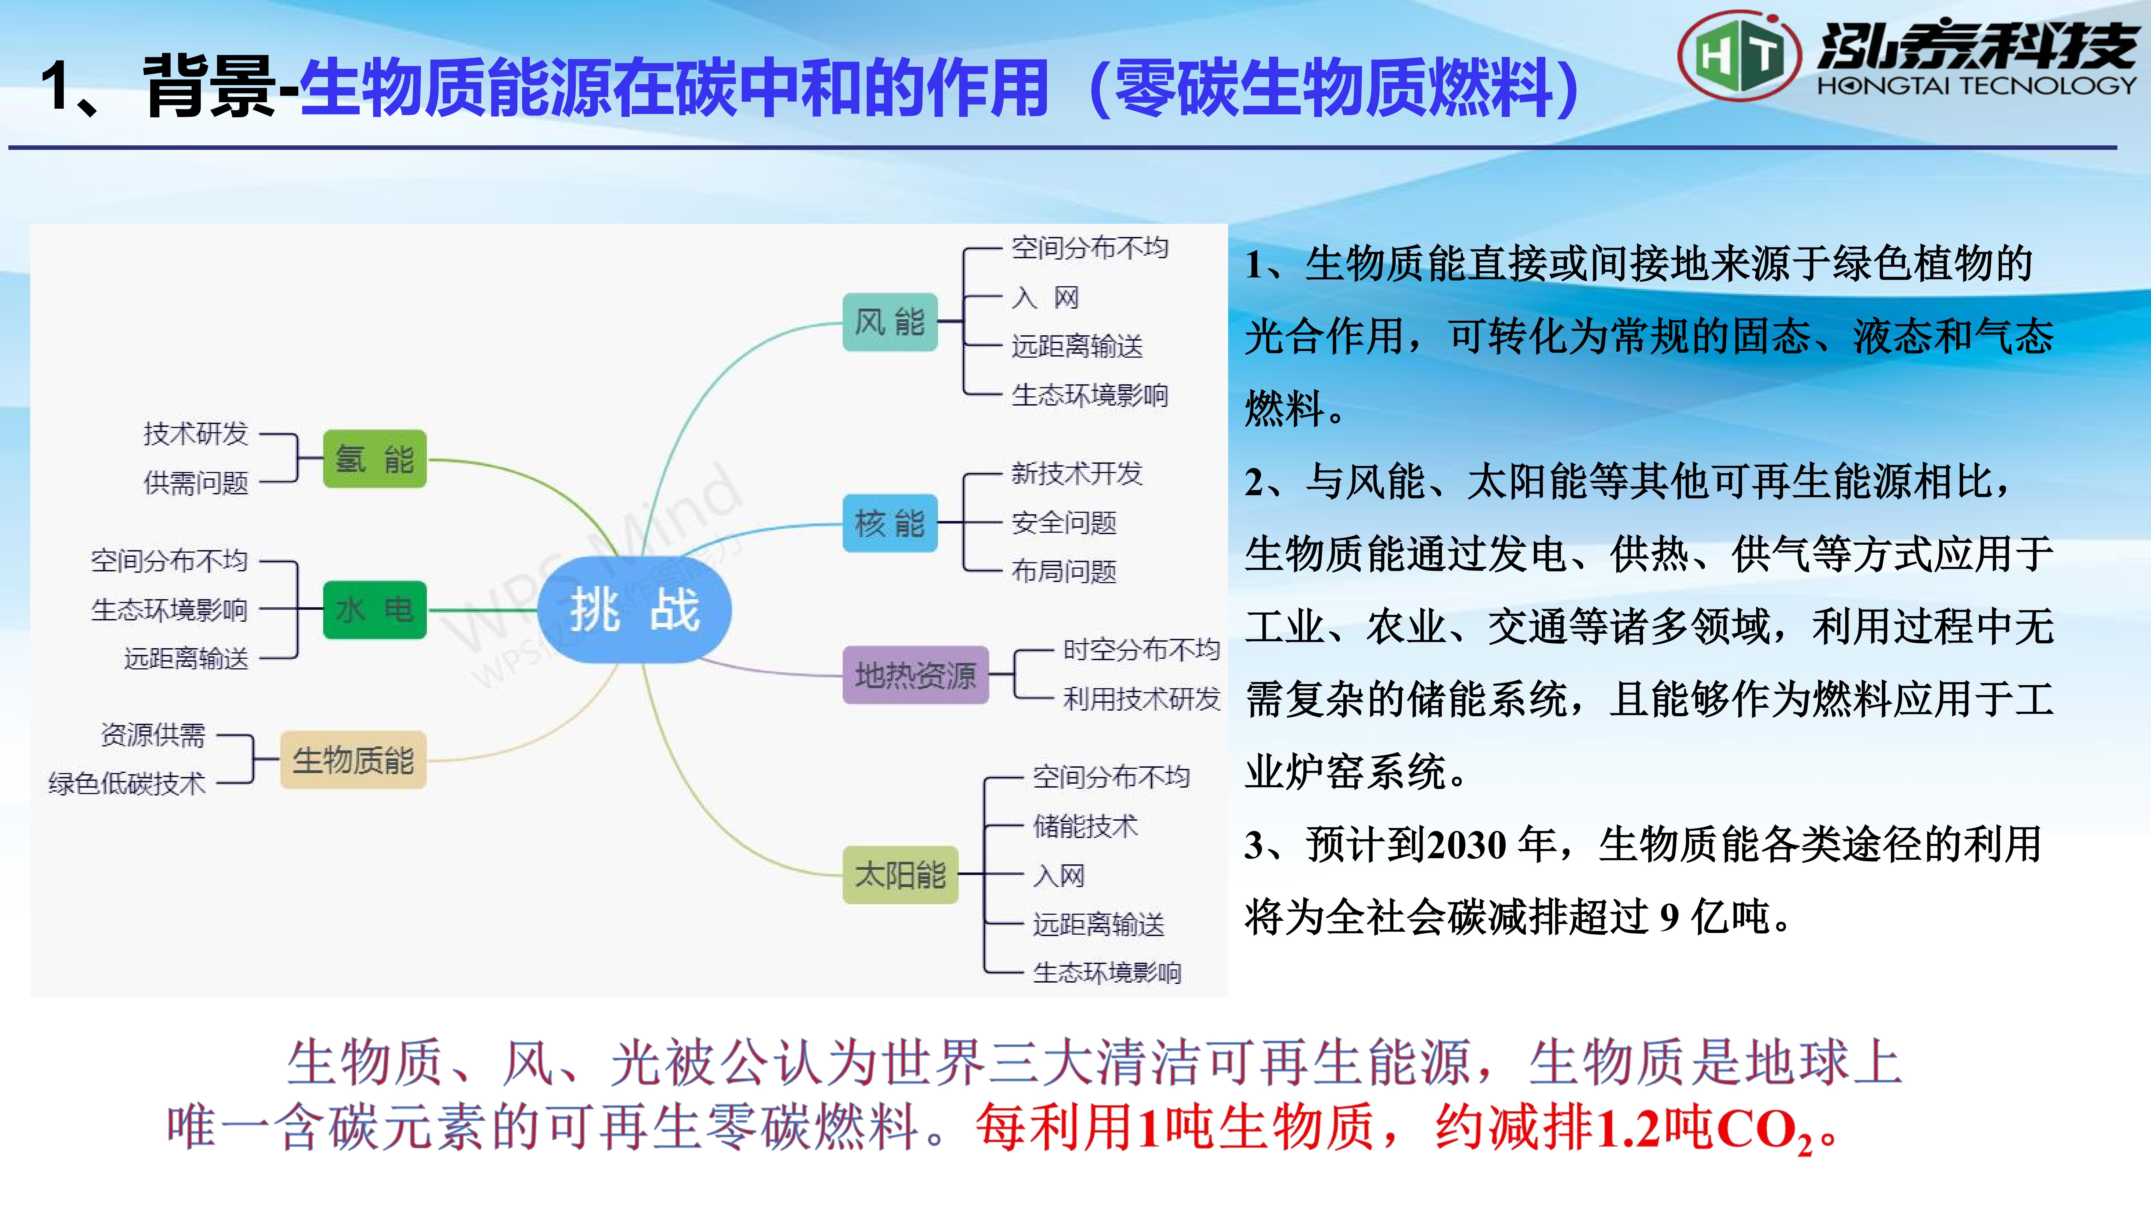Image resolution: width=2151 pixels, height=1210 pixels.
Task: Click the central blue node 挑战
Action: pos(634,609)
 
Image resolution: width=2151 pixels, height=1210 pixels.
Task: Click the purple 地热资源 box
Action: pos(915,675)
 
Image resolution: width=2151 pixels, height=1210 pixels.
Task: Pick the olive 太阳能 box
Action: pos(900,874)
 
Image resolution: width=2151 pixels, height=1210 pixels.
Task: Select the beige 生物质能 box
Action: pos(353,760)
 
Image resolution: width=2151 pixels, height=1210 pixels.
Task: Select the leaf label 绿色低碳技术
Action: pos(127,783)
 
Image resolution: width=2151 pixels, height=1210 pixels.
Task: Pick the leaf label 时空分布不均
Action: pos(1142,649)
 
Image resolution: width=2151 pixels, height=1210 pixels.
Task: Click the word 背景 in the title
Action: pos(209,86)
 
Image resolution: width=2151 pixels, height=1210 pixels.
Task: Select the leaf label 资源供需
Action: pos(153,735)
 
